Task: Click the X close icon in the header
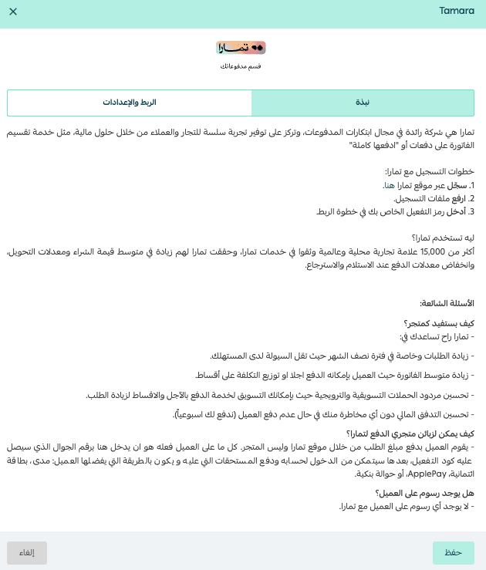(x=13, y=12)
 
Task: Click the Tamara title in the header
(x=457, y=12)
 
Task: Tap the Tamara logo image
(x=241, y=48)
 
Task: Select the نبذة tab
(x=362, y=103)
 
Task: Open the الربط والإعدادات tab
(x=130, y=103)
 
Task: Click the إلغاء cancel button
(x=27, y=552)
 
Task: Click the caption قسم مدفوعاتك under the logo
(x=241, y=67)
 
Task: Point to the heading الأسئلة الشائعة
(x=447, y=303)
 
